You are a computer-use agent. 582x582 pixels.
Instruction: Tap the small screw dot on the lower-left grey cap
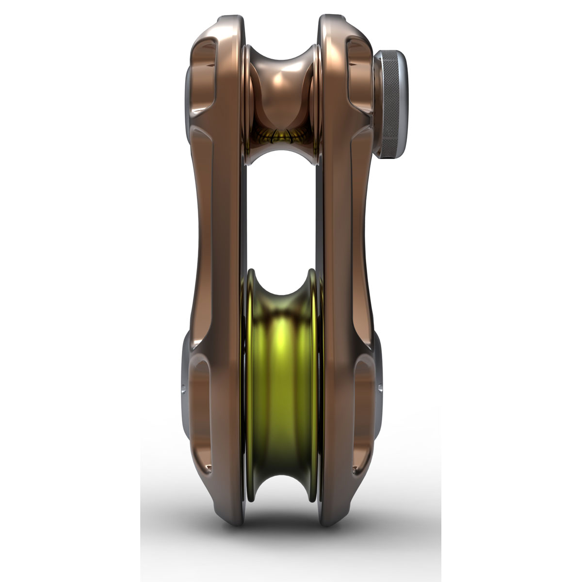pos(183,388)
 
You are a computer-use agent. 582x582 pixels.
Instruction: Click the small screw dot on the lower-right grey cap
pos(380,388)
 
